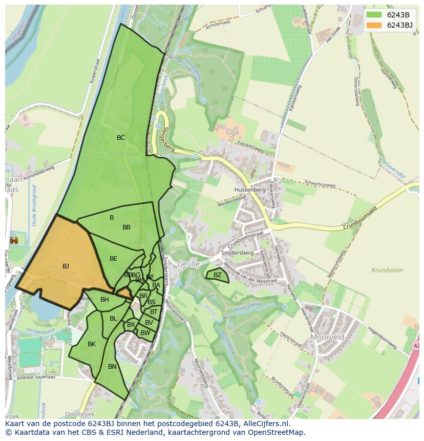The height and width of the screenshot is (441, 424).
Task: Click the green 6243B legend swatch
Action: coord(374,15)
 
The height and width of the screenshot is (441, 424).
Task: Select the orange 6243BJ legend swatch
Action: coord(374,25)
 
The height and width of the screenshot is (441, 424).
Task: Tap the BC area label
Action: coord(121,138)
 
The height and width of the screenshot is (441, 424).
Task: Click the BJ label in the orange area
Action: coord(66,266)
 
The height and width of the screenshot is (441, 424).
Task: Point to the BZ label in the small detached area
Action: coord(218,275)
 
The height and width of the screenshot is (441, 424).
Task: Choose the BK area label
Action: coord(92,344)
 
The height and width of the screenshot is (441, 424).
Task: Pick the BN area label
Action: coord(112,367)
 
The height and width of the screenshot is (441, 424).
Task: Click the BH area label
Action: coord(104,300)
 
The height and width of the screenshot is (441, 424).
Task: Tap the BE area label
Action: coord(114,259)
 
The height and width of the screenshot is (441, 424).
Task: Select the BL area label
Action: coord(113,319)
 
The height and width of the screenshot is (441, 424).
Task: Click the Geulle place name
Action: coord(188,263)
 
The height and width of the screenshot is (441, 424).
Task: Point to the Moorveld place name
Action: coord(327,338)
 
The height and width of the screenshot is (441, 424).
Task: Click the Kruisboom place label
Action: coord(387,270)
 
